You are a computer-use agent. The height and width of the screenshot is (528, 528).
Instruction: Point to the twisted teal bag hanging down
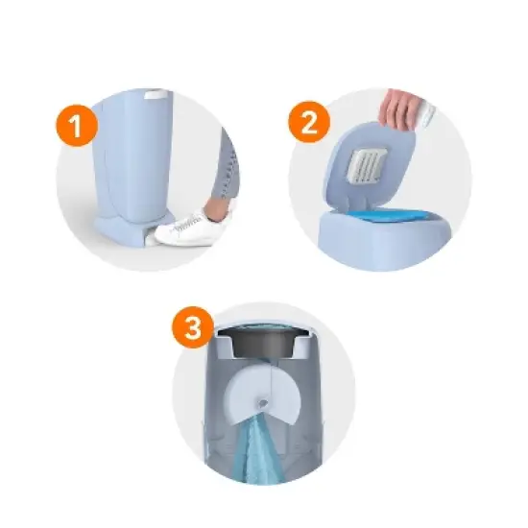(257, 451)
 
